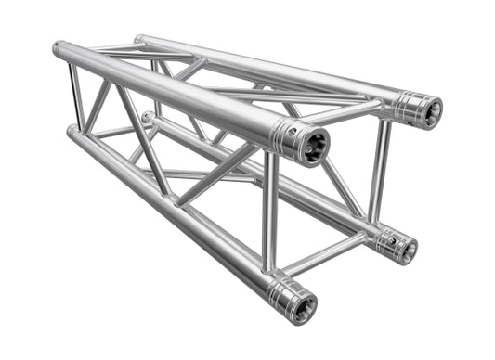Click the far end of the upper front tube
[58, 47]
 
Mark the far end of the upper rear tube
[138, 40]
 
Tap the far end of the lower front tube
[72, 132]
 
